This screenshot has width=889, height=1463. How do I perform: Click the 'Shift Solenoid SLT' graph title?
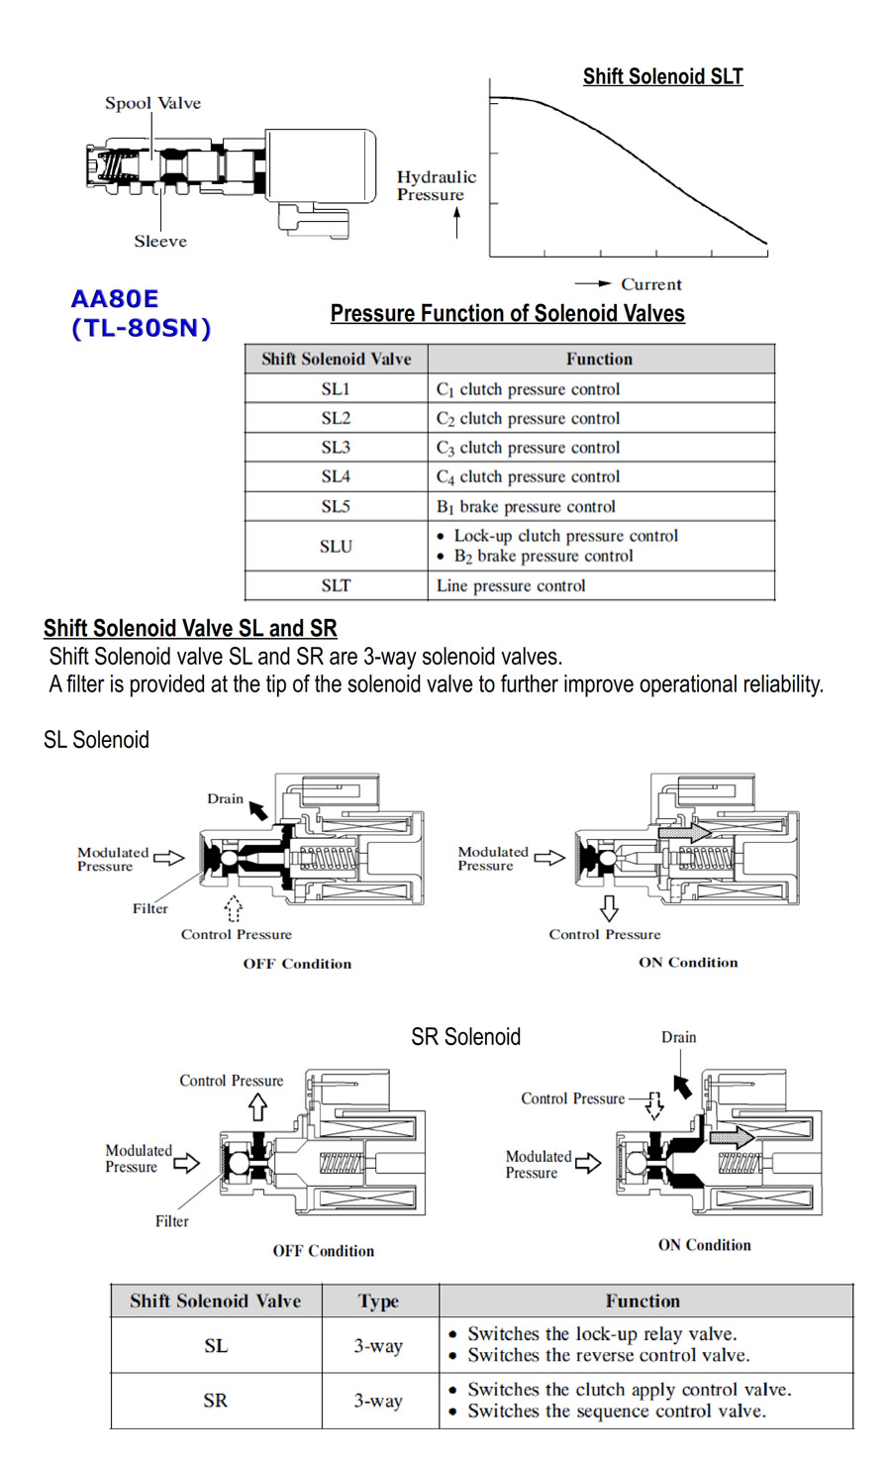[662, 76]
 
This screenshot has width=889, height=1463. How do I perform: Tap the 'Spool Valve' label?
[152, 103]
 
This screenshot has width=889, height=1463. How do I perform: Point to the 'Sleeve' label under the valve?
[160, 241]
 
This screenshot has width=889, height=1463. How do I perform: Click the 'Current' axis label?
[650, 284]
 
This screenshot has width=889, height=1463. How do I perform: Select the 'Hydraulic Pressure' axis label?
[436, 185]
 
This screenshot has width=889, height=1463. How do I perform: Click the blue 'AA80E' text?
[115, 299]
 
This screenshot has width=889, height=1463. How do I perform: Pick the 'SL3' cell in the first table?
[336, 448]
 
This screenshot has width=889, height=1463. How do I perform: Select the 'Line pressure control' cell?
[511, 585]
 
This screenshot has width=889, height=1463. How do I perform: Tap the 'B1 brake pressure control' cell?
[526, 506]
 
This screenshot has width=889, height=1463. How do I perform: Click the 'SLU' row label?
[336, 546]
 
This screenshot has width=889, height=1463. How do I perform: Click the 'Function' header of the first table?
[599, 359]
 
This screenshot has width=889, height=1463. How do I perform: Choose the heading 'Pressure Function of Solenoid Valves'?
[507, 314]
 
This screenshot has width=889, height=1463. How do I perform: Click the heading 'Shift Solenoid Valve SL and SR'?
[190, 628]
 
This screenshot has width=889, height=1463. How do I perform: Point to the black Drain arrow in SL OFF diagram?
[258, 811]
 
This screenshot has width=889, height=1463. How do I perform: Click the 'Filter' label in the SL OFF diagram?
[150, 908]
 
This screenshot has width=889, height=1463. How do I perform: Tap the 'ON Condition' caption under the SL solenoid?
[688, 962]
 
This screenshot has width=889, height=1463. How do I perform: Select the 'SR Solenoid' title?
[465, 1037]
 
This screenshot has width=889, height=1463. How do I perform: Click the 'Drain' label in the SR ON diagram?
[678, 1037]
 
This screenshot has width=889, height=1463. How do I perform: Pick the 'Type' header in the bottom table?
[378, 1301]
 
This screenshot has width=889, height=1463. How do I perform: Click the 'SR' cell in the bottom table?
[215, 1400]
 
